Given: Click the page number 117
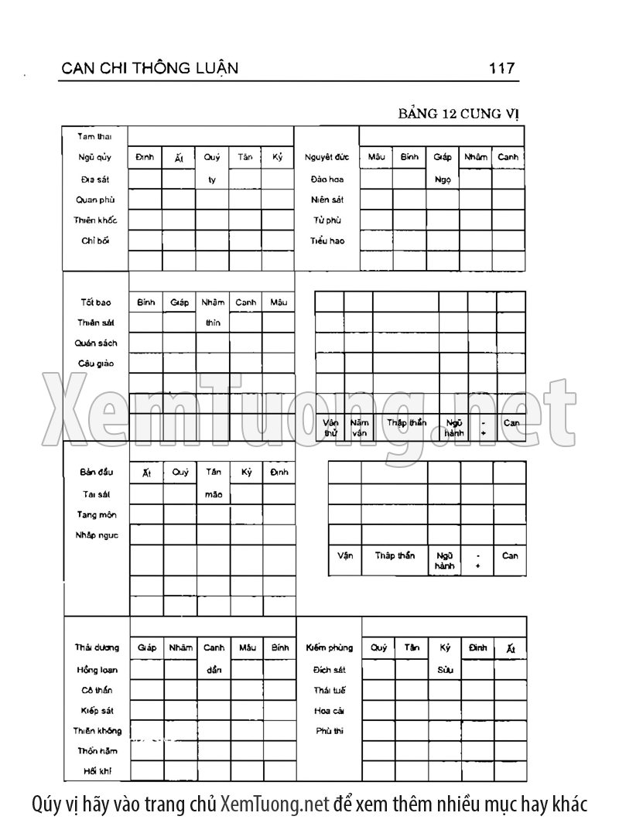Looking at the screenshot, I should click(x=501, y=68).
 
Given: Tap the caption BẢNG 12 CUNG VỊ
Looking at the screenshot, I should click(x=459, y=114).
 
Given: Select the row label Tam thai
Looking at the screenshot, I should click(x=94, y=137).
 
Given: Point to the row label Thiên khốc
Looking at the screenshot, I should click(x=95, y=220).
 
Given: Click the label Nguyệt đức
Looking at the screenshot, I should click(x=327, y=158).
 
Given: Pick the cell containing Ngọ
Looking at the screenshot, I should click(x=443, y=179).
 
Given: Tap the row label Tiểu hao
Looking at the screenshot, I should click(x=327, y=241).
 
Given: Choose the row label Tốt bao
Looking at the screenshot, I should click(x=94, y=302).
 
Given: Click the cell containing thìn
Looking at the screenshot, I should click(x=213, y=323).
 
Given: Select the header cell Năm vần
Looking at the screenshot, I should click(x=359, y=429).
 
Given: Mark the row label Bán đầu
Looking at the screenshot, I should click(x=94, y=472).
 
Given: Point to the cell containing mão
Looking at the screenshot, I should click(x=213, y=493).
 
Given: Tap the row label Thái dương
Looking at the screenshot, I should click(x=96, y=647).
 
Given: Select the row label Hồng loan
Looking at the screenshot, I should click(x=96, y=669).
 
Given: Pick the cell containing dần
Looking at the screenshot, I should click(x=214, y=669).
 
